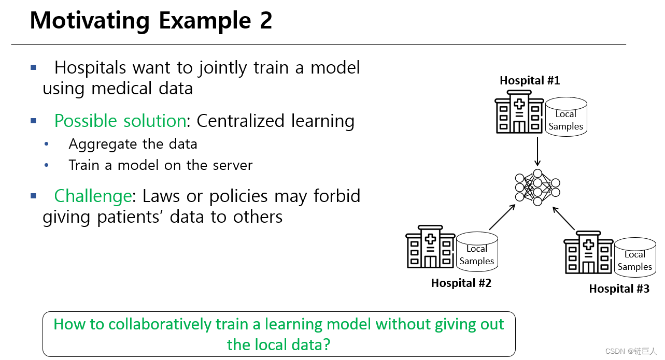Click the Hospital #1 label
pyautogui.click(x=529, y=81)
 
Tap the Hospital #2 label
pyautogui.click(x=461, y=283)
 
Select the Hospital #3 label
pyautogui.click(x=619, y=289)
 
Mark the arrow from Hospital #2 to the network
pyautogui.click(x=502, y=217)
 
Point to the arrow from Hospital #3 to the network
pyautogui.click(x=564, y=218)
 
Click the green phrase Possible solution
pyautogui.click(x=120, y=121)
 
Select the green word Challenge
pyautogui.click(x=92, y=196)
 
